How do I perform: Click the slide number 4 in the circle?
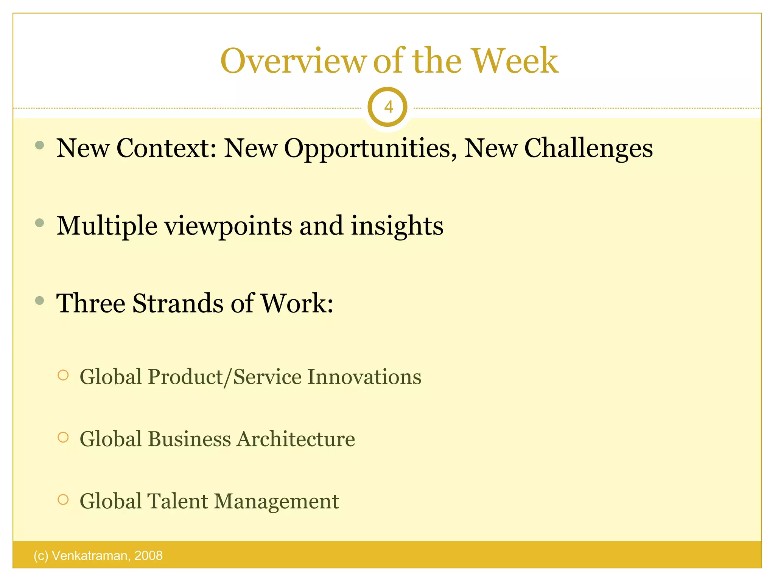[x=388, y=107]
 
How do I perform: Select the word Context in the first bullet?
[x=166, y=148]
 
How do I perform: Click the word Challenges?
[x=588, y=148]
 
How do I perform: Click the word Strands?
[x=177, y=303]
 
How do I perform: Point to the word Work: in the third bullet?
[x=297, y=303]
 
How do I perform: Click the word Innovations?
[x=364, y=377]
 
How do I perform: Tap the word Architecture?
[x=296, y=439]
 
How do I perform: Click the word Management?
[x=276, y=501]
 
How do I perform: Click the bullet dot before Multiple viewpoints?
[x=39, y=223]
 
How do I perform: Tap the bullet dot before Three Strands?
[x=39, y=301]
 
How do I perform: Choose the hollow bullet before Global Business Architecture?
[x=63, y=438]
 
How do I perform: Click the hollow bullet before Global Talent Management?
[x=63, y=500]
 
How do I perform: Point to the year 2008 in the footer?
[x=148, y=556]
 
